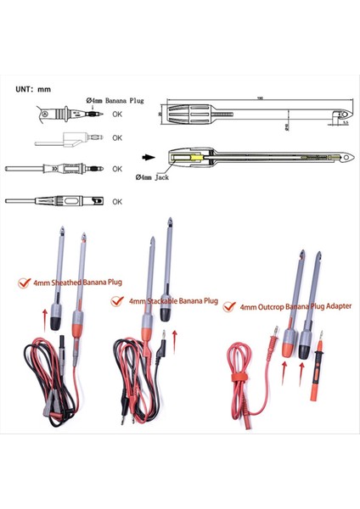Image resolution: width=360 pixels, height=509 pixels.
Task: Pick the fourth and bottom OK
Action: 117,201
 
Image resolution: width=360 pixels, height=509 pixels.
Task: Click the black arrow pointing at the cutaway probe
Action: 148,157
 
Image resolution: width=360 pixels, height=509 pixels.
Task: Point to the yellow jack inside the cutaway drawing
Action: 193,157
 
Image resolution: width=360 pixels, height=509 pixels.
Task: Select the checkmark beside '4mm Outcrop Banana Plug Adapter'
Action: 228,308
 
